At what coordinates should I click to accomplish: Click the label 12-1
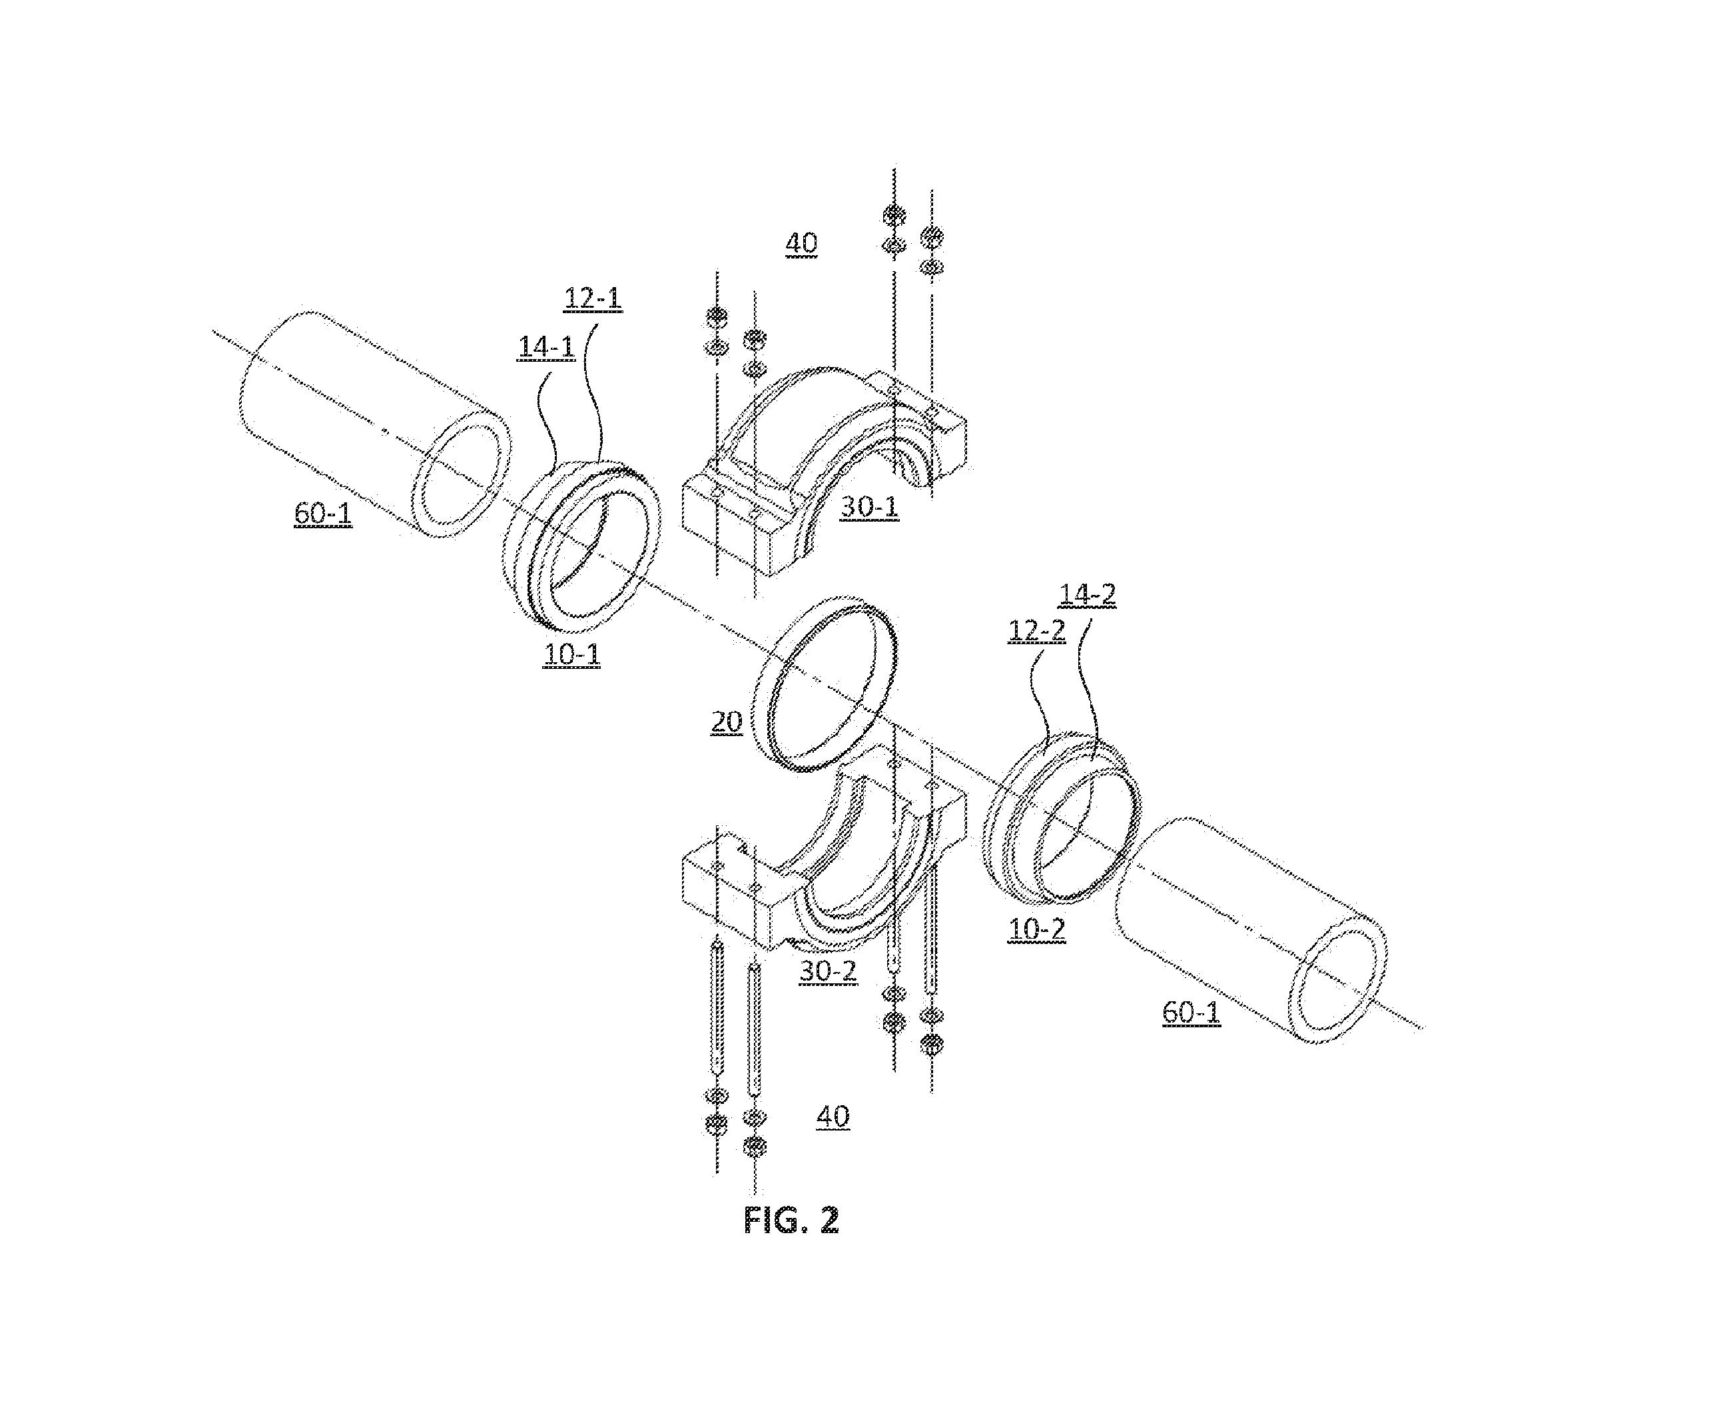click(593, 298)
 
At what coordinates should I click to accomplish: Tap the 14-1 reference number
click(547, 348)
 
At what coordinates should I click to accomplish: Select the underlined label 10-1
click(572, 654)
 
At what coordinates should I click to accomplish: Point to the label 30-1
click(869, 507)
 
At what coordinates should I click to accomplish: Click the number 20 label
click(727, 722)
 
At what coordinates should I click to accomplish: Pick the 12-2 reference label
click(1037, 631)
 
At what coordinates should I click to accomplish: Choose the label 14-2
click(1088, 595)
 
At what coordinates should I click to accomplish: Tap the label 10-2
click(1036, 929)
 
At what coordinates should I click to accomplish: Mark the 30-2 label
click(829, 971)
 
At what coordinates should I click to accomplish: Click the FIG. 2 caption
click(791, 1220)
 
